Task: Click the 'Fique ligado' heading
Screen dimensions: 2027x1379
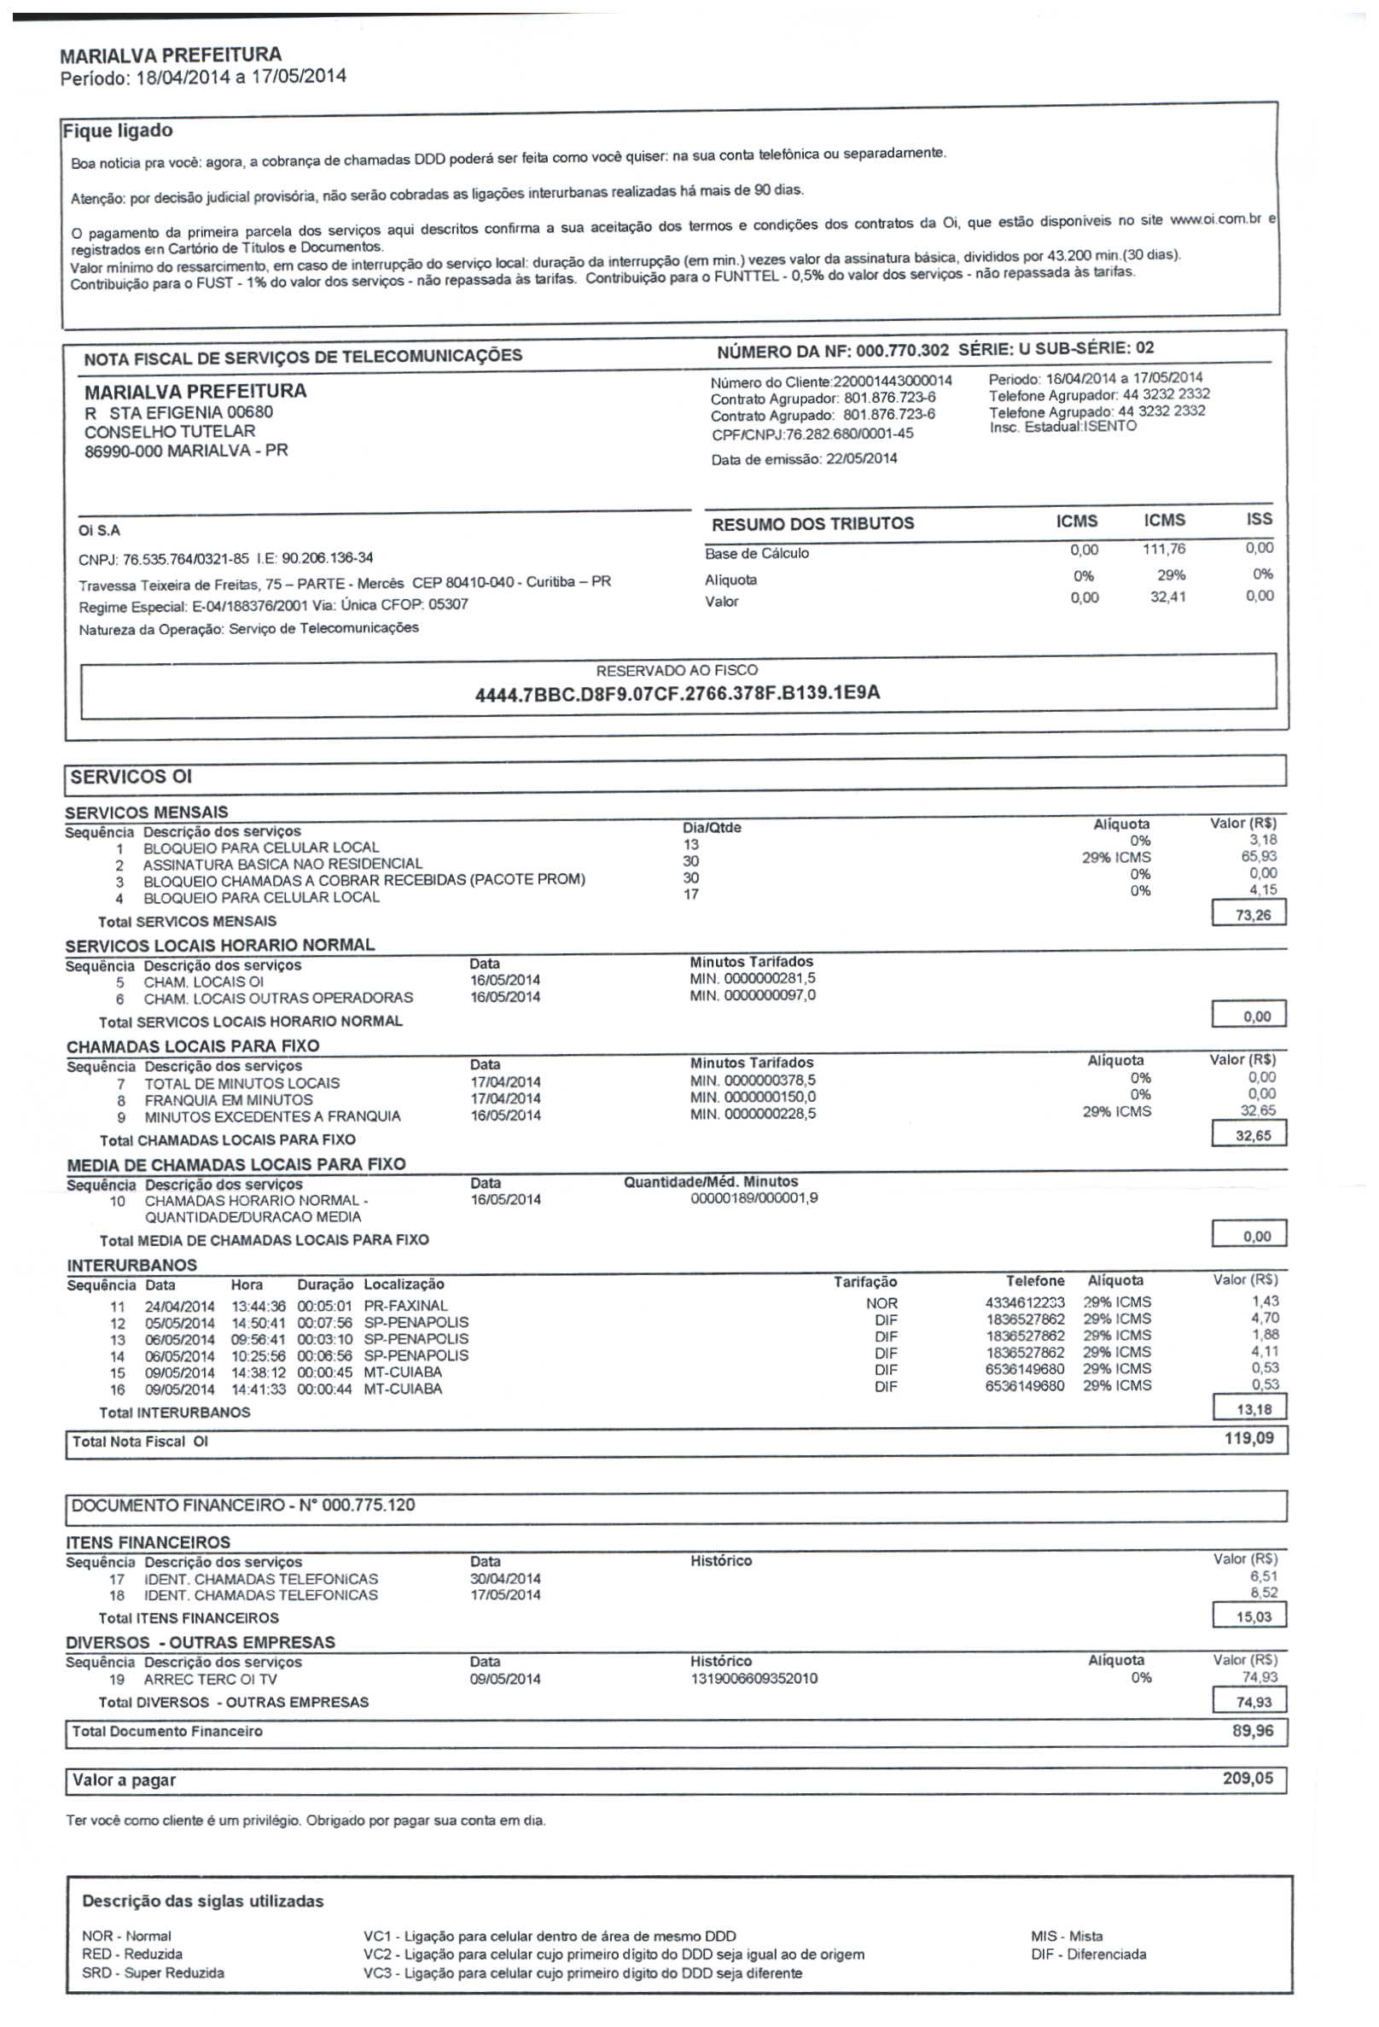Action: coord(118,131)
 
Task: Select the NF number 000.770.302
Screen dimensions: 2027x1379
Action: coord(901,351)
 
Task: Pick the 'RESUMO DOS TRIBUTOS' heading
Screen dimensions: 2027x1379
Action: coord(813,523)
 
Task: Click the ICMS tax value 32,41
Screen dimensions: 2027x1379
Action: coord(1167,597)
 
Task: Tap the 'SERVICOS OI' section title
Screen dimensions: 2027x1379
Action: coord(131,778)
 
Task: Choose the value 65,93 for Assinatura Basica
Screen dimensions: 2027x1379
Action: coord(1259,857)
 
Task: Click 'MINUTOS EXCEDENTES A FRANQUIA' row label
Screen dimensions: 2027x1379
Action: coord(272,1116)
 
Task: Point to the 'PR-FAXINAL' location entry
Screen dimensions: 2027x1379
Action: coord(405,1306)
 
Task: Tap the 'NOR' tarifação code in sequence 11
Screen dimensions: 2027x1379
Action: coord(882,1303)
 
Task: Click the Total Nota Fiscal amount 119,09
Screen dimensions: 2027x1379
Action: coord(1249,1438)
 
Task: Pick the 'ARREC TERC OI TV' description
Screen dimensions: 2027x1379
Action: coord(210,1679)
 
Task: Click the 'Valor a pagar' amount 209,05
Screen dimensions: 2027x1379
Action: coord(1248,1779)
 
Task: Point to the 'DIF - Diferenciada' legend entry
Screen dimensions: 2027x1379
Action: coord(1088,1954)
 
